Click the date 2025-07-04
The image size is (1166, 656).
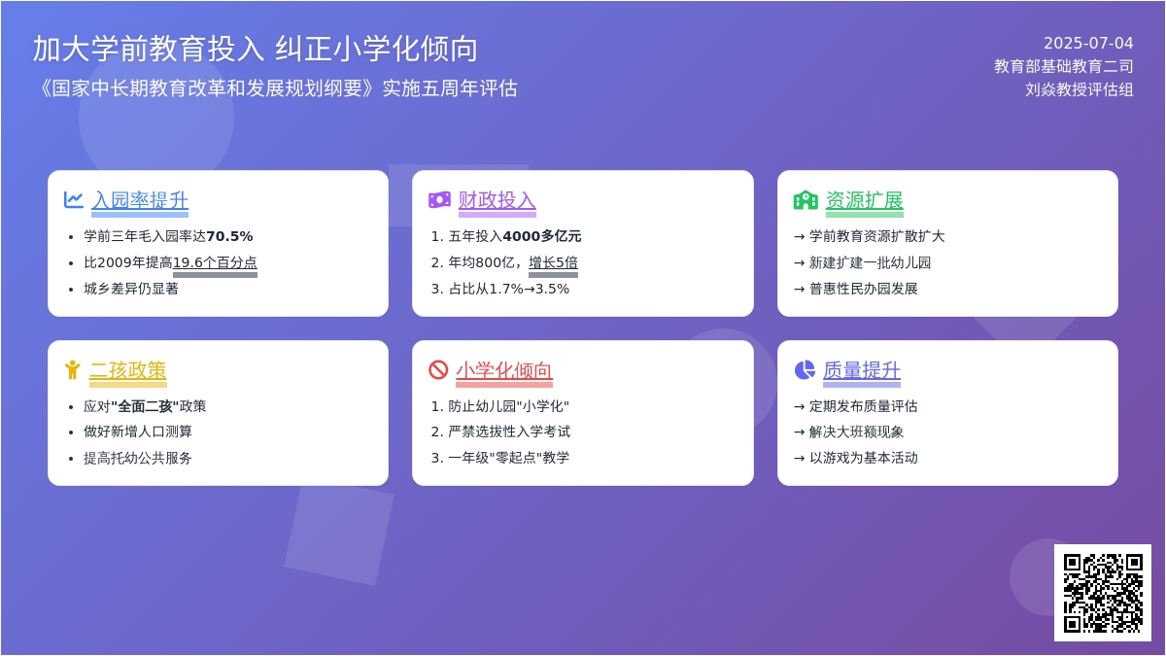tap(1088, 43)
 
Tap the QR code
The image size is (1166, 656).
tap(1103, 593)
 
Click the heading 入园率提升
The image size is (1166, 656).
tap(140, 200)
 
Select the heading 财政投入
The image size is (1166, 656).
tap(497, 200)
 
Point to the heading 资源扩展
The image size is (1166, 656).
tap(865, 200)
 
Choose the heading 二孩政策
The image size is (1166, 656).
tap(128, 370)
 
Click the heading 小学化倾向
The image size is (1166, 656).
tap(504, 370)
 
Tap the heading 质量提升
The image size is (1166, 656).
tap(862, 370)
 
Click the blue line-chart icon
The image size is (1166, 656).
tap(74, 200)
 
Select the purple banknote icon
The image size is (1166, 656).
tap(439, 200)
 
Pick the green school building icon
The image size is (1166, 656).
tap(806, 200)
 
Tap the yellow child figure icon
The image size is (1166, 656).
tap(72, 370)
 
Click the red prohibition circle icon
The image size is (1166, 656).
tap(438, 370)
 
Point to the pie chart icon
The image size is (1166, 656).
tap(805, 370)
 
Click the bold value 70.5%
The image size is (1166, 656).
tap(229, 236)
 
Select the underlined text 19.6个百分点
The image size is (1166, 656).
tap(215, 262)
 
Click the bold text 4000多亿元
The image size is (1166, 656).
tap(542, 236)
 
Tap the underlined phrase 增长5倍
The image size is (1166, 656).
tap(553, 262)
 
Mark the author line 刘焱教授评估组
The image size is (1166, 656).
tap(1080, 89)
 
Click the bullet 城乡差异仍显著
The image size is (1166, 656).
tap(131, 289)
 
